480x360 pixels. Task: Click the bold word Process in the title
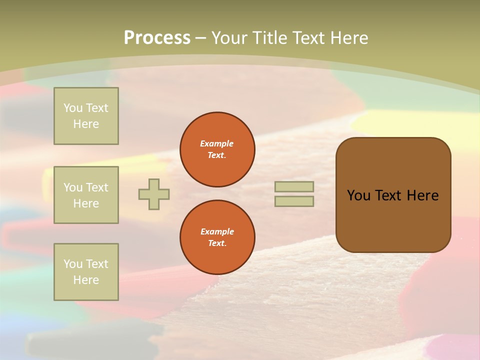click(x=157, y=38)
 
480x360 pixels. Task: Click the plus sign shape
click(x=154, y=194)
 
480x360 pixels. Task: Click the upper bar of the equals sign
click(x=294, y=186)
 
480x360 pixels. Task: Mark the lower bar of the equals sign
click(x=294, y=201)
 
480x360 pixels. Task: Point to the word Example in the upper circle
click(x=217, y=143)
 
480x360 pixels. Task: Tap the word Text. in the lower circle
click(x=217, y=243)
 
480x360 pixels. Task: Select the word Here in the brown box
click(x=422, y=195)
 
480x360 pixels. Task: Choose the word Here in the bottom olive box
click(x=86, y=280)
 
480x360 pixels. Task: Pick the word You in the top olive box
click(x=73, y=108)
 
